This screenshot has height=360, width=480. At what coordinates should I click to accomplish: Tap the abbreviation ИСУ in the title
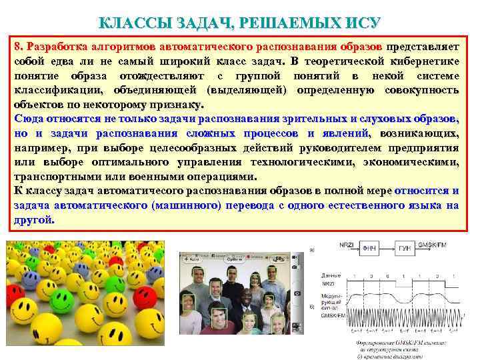pos(361,23)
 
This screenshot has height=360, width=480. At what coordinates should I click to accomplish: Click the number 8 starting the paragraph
pos(17,47)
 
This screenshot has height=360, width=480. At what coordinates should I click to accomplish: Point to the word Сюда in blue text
pos(28,119)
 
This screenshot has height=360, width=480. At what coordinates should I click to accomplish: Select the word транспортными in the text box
pos(56,177)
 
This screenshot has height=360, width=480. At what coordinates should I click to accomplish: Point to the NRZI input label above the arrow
pos(346,245)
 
